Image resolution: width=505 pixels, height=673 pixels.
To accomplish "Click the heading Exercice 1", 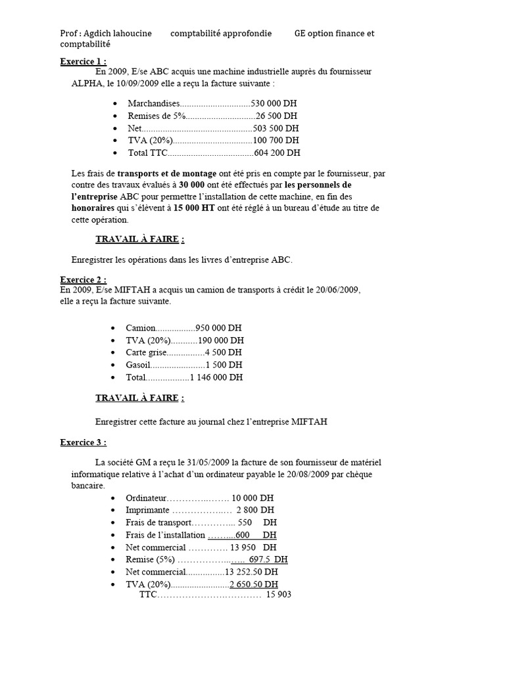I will pos(83,62).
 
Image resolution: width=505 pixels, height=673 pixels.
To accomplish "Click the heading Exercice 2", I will pos(83,279).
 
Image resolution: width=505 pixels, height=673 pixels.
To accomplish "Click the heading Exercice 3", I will pos(83,442).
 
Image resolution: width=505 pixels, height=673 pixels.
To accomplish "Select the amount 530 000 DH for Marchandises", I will pos(276,103).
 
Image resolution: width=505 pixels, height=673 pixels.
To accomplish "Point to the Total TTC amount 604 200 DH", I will pos(277,152).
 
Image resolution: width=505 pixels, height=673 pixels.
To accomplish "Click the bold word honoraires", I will pos(94,208).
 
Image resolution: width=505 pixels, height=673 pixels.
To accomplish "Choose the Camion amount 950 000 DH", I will pos(219,327).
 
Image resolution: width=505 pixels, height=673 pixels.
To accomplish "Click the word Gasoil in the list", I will pos(139,365).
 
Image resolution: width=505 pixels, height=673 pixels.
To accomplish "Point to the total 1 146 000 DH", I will pos(216,377).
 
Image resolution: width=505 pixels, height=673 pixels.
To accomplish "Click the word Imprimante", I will pos(149,510).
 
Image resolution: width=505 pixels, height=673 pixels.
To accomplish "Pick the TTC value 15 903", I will pos(278,595).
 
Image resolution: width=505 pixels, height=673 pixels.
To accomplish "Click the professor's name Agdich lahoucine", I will pos(114,34).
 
